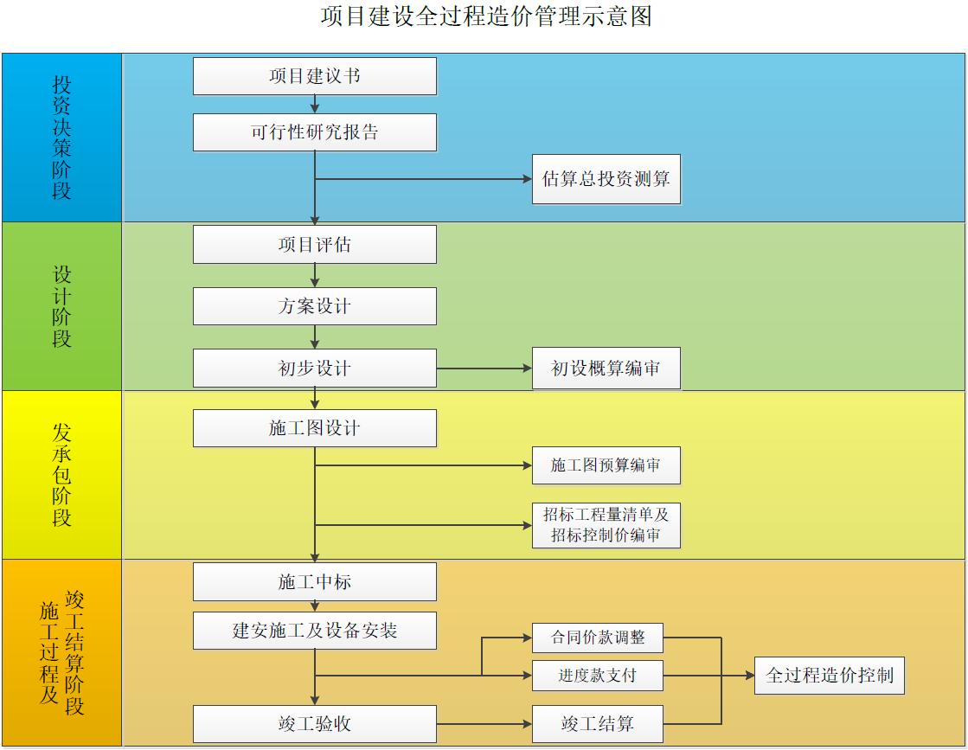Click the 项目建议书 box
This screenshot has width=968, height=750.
[314, 76]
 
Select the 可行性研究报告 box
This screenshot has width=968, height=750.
[314, 132]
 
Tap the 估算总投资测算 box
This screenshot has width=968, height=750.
[606, 179]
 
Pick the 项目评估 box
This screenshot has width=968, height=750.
[314, 245]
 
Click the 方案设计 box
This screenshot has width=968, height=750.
[314, 306]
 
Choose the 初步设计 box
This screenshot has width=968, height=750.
[314, 369]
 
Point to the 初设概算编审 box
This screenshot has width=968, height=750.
[606, 369]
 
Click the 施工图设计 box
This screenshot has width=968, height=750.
[314, 428]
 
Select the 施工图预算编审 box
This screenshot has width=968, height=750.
[606, 465]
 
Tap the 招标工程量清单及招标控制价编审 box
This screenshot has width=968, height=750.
[606, 525]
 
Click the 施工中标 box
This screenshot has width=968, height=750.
[314, 582]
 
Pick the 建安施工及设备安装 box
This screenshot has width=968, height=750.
[314, 631]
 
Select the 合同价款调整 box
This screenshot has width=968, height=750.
[598, 638]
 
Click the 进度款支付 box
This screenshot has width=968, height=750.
[598, 676]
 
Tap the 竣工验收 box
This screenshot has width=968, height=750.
[314, 724]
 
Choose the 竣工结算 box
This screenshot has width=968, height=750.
[598, 724]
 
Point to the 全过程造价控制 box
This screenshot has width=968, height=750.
[830, 676]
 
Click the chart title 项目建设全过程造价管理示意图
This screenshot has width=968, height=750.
[485, 17]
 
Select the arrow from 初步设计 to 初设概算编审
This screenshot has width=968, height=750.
[484, 369]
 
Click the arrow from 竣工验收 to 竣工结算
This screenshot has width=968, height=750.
[484, 724]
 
